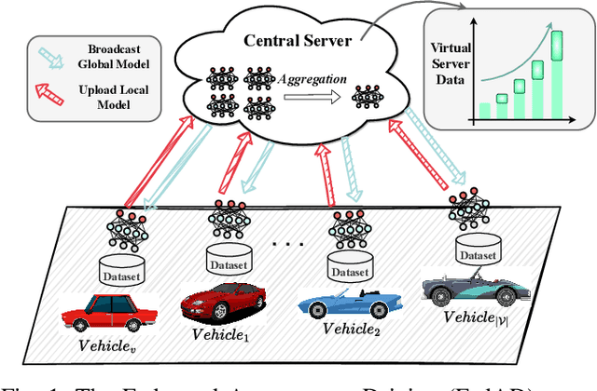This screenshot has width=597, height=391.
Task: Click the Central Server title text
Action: coord(297,40)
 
